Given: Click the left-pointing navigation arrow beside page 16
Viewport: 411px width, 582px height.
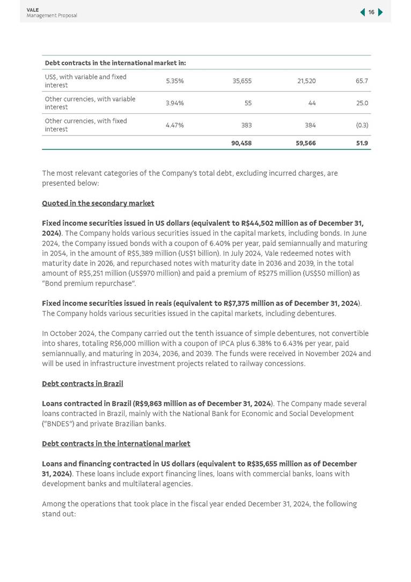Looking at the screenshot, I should pyautogui.click(x=363, y=12).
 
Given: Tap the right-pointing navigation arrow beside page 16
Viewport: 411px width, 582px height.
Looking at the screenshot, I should pyautogui.click(x=380, y=12).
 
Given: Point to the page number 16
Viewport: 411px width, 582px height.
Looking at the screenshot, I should pyautogui.click(x=371, y=12).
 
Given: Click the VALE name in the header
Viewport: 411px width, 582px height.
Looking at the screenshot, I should pyautogui.click(x=33, y=10).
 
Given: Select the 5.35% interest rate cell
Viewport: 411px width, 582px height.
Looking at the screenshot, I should pyautogui.click(x=174, y=81).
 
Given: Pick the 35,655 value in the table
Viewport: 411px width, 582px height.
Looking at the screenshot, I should pyautogui.click(x=242, y=81).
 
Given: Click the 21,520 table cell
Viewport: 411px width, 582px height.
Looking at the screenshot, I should pyautogui.click(x=306, y=81).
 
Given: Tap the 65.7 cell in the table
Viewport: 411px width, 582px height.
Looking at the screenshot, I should pyautogui.click(x=362, y=81).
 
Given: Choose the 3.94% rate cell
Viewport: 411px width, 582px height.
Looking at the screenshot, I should pyautogui.click(x=174, y=103).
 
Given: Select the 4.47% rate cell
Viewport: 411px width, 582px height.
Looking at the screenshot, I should pyautogui.click(x=174, y=125).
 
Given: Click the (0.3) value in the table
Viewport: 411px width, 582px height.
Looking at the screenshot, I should pyautogui.click(x=362, y=125).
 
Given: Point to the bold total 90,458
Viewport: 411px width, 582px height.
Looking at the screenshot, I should pyautogui.click(x=241, y=143).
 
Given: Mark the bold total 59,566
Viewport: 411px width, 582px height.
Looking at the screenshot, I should pyautogui.click(x=306, y=143).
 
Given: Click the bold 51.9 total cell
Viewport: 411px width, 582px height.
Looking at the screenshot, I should pyautogui.click(x=362, y=143).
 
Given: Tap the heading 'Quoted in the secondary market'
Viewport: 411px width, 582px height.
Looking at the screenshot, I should pyautogui.click(x=98, y=203).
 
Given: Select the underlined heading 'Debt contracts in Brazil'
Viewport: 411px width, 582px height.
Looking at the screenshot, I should pyautogui.click(x=83, y=384).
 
